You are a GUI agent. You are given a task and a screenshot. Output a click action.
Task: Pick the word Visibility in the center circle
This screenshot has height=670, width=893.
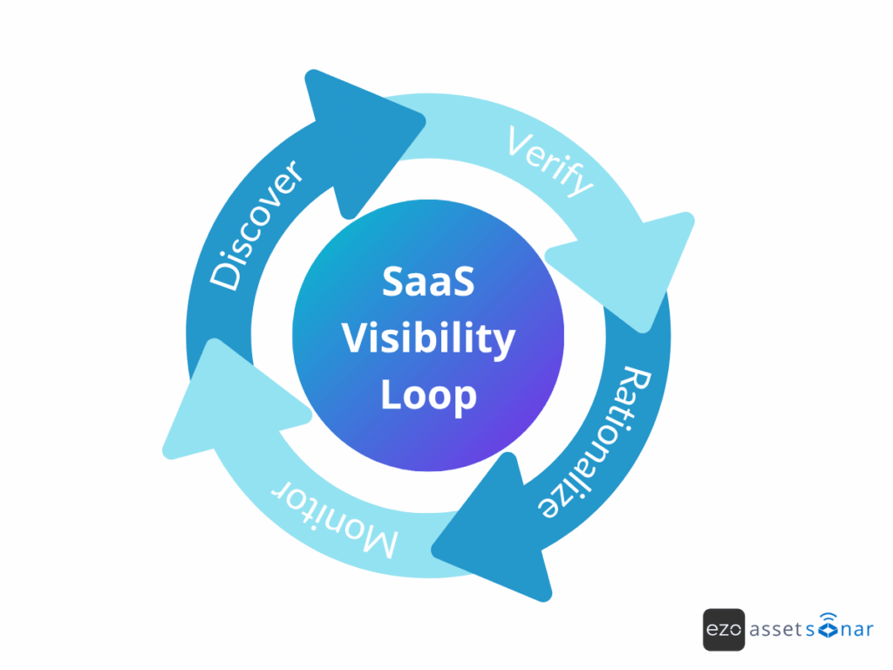pos(427,338)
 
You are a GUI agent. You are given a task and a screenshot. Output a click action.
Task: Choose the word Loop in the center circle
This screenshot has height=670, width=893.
pos(428,395)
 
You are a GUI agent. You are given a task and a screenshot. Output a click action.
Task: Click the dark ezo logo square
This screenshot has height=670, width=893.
pos(724,630)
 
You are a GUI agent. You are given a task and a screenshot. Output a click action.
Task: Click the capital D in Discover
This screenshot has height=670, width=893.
pos(225,274)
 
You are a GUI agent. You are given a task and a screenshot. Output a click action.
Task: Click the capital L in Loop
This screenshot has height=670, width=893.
pos(392,395)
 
